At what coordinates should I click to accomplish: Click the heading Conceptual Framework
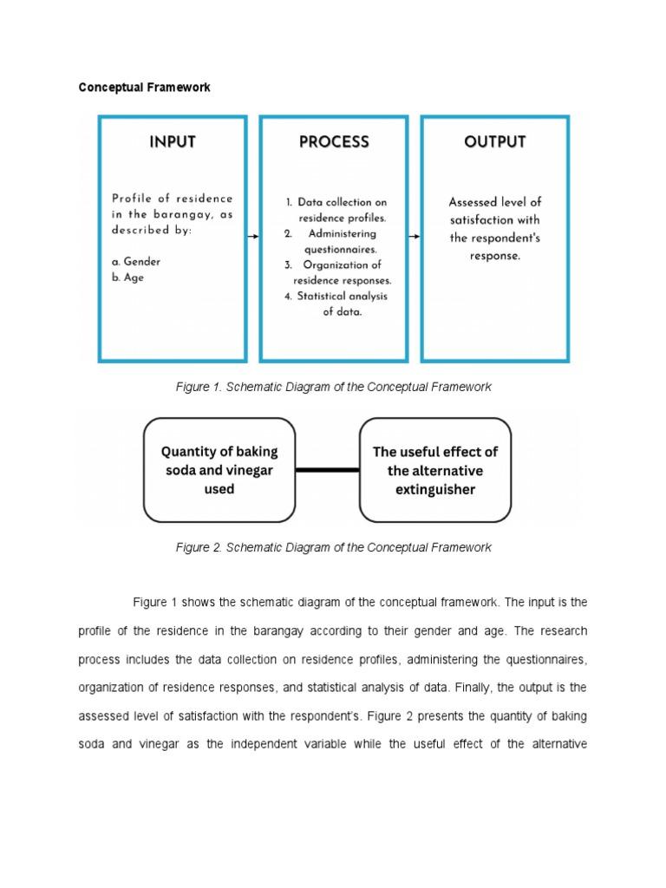tap(144, 88)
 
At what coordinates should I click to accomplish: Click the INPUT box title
tap(172, 142)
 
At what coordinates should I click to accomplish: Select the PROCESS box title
tap(334, 142)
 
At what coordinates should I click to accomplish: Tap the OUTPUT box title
tap(495, 142)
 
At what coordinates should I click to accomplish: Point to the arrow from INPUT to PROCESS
tap(253, 235)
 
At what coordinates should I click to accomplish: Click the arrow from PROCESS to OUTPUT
tap(415, 235)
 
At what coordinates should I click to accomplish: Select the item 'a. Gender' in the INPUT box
tap(136, 261)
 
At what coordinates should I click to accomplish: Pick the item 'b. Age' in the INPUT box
tap(128, 278)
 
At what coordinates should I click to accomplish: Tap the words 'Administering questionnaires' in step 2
tap(338, 241)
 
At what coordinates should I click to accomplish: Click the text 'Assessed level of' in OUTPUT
tap(495, 202)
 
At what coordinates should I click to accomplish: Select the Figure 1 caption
tap(333, 387)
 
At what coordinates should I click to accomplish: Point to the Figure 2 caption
tap(333, 547)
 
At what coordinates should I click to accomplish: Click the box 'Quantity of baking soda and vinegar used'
tap(219, 469)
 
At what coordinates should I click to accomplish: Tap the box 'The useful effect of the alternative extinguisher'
tap(435, 469)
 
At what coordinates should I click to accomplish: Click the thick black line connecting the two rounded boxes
tap(327, 469)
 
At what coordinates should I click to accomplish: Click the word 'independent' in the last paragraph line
tap(260, 744)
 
